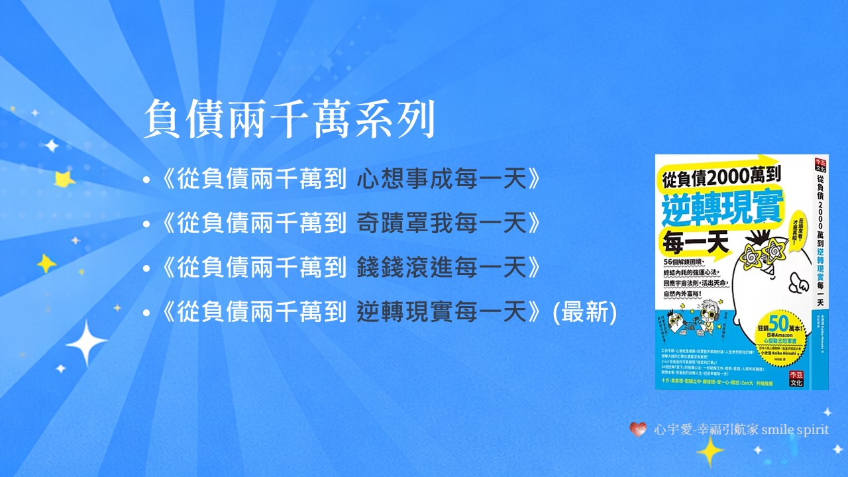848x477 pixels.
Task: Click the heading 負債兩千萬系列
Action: click(290, 120)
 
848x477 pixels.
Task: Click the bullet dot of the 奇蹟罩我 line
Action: click(146, 224)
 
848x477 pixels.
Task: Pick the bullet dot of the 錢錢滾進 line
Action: click(146, 268)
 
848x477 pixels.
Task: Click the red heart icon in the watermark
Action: click(638, 429)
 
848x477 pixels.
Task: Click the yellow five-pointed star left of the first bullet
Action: click(64, 179)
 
